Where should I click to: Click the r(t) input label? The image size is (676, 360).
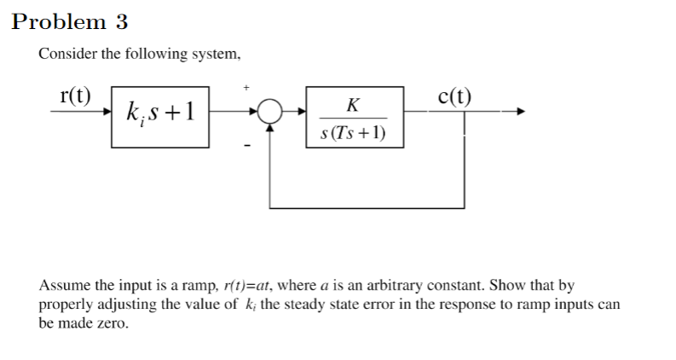coord(76,95)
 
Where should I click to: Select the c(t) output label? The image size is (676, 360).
coord(454,95)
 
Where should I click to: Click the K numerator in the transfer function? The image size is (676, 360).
coord(353,105)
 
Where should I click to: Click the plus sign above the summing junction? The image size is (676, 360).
coord(247,87)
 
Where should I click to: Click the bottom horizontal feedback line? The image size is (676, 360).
coord(367,207)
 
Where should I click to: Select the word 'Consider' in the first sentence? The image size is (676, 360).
coord(65,55)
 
